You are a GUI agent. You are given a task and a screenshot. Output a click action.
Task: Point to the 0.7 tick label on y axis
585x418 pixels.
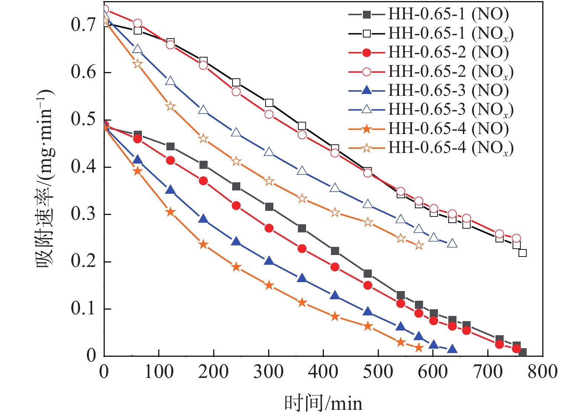(83, 25)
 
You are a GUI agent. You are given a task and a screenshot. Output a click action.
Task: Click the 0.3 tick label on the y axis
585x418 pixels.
(83, 214)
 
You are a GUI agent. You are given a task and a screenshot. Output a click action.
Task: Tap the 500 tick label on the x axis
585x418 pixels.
(378, 372)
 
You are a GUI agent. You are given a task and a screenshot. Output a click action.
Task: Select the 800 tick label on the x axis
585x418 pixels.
(542, 372)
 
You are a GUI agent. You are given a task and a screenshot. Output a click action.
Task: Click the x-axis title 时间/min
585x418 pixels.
(323, 403)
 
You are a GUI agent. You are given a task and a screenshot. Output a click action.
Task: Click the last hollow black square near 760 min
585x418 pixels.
(523, 253)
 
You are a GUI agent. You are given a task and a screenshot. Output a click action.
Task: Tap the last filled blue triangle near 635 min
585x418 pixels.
(452, 349)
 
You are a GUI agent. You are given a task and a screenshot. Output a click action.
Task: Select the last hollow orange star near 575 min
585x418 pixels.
(419, 245)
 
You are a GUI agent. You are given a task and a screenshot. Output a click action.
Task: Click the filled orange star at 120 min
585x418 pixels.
(170, 212)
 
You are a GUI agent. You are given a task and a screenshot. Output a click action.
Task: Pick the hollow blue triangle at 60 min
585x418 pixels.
(137, 49)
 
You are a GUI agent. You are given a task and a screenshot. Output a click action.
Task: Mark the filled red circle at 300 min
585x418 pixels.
(269, 228)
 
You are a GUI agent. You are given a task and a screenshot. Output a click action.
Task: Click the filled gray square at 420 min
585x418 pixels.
(335, 251)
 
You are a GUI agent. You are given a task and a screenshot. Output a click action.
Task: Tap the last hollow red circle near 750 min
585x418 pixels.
(516, 238)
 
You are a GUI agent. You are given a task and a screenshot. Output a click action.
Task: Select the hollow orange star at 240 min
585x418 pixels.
(236, 161)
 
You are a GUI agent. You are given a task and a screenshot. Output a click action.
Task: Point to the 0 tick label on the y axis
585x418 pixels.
(91, 356)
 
